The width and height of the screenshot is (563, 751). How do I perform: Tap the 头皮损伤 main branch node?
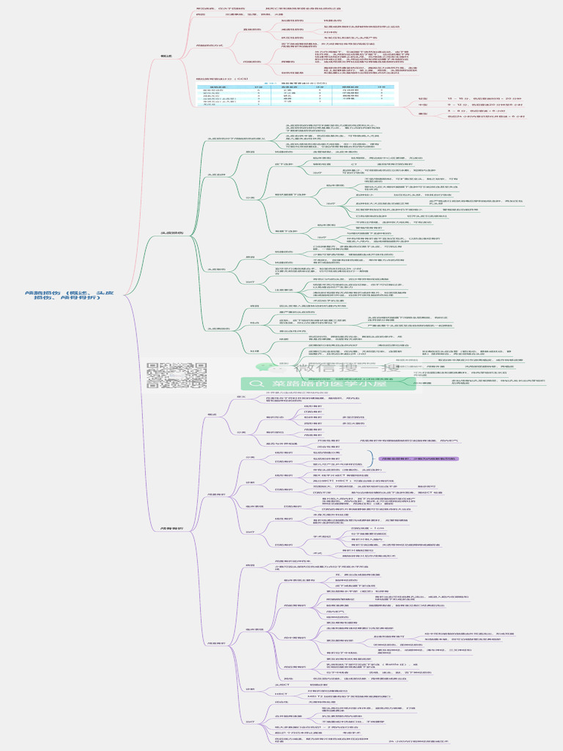coord(172,233)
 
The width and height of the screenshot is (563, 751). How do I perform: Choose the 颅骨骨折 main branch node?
coord(172,528)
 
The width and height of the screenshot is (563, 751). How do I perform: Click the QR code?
coord(177,375)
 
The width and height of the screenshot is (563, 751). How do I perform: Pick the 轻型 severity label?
coord(423,98)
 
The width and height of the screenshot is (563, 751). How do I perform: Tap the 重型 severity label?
coord(423,114)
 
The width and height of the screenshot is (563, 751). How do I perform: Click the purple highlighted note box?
coord(418,458)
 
